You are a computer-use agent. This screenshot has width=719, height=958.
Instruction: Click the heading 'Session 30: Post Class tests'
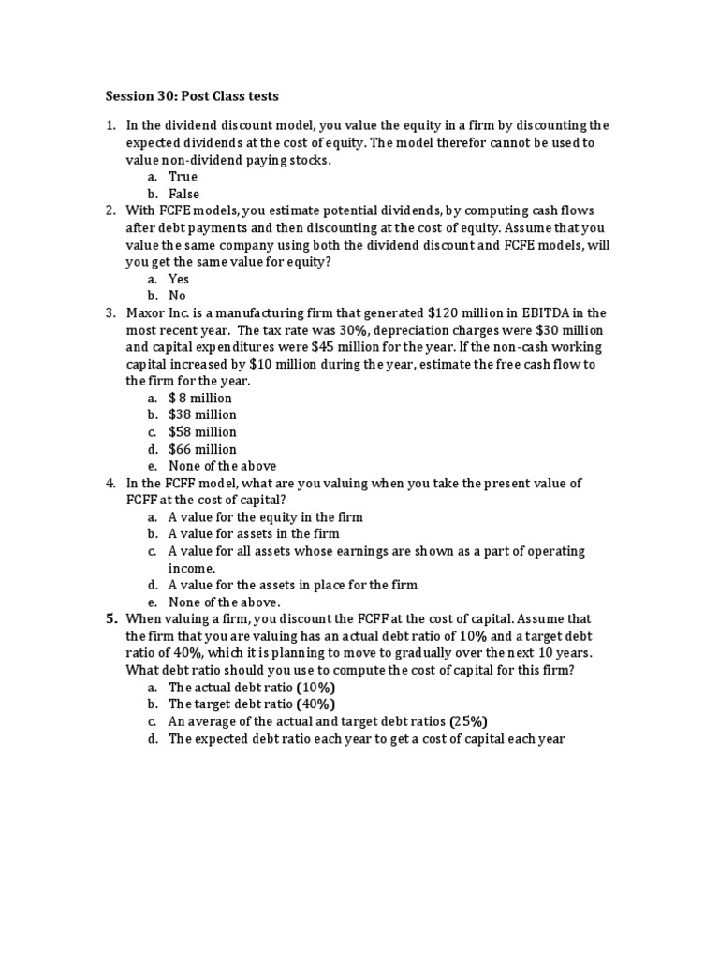pyautogui.click(x=191, y=95)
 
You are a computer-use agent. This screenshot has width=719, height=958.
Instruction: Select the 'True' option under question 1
pyautogui.click(x=183, y=177)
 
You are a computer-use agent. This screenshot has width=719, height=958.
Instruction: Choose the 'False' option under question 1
pyautogui.click(x=184, y=194)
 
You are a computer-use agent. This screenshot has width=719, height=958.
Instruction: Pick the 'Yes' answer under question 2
pyautogui.click(x=179, y=279)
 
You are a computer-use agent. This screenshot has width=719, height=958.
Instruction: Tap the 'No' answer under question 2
pyautogui.click(x=178, y=296)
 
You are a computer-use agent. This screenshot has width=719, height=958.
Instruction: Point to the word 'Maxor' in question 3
pyautogui.click(x=146, y=312)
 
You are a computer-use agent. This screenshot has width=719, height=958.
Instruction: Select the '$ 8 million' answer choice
pyautogui.click(x=200, y=398)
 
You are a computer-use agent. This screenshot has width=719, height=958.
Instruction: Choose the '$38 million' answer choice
pyautogui.click(x=202, y=414)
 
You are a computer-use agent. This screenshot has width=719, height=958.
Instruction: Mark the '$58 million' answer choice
pyautogui.click(x=202, y=431)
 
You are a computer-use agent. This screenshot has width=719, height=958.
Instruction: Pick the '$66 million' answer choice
pyautogui.click(x=202, y=449)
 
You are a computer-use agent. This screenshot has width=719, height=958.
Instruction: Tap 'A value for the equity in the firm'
pyautogui.click(x=266, y=516)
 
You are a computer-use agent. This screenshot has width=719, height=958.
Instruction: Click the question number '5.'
pyautogui.click(x=111, y=619)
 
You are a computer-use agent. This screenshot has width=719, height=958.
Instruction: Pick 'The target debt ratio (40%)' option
pyautogui.click(x=252, y=704)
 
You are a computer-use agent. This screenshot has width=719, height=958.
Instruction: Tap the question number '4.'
pyautogui.click(x=110, y=483)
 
